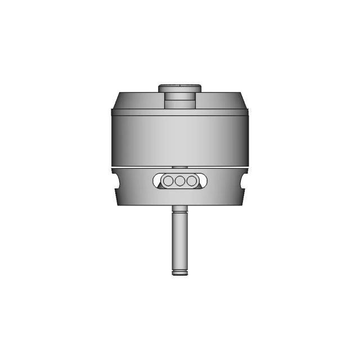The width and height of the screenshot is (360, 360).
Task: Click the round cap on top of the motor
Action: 179,88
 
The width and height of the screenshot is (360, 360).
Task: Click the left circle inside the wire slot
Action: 168,181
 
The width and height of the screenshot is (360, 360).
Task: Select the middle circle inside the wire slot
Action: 180,181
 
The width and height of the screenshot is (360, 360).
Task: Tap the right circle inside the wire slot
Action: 192,181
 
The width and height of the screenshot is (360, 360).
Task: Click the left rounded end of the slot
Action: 156,181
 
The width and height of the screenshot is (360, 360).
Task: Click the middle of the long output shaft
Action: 179,242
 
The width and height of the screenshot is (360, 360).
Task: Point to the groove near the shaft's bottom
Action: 179,271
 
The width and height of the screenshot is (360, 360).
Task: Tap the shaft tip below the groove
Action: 179,274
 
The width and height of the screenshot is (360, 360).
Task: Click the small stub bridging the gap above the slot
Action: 179,168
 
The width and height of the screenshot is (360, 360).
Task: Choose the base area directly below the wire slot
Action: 179,197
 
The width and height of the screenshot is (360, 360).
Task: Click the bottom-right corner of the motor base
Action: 243,204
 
